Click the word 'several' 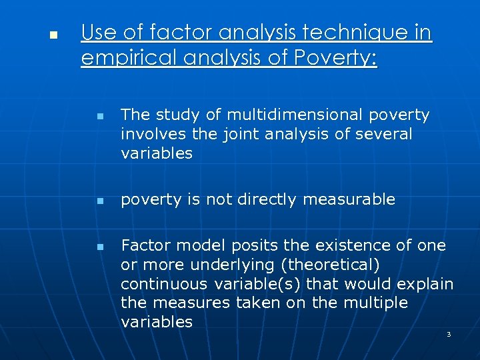point(385,134)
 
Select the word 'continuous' point(163,284)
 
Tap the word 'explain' point(425,284)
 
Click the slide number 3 point(448,334)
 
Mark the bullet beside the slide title point(54,33)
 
